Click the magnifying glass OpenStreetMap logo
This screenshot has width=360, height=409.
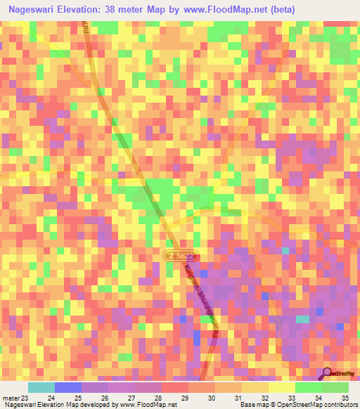pos(328,373)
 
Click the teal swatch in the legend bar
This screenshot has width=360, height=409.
pos(41,387)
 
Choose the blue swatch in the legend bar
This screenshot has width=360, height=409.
pos(67,387)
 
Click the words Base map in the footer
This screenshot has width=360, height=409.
pos(253,405)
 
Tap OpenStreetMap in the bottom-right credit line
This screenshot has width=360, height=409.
pos(295,405)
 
